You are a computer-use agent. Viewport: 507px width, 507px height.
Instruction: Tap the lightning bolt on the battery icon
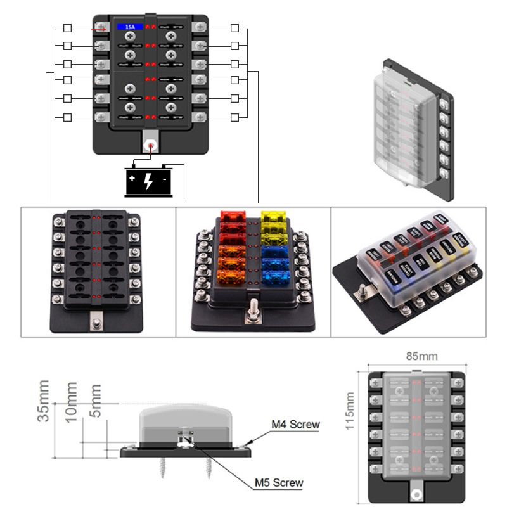pos(148,182)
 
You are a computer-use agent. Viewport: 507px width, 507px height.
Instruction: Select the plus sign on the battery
pos(132,179)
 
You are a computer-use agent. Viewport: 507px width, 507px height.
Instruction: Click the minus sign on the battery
pos(164,179)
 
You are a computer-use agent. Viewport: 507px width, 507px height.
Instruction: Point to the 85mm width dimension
pos(416,356)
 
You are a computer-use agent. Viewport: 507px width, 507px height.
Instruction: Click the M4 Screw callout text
pos(295,425)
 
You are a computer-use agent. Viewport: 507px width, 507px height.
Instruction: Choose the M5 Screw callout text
pos(279,483)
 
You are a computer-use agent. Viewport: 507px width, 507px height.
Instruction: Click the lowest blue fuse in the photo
pos(274,278)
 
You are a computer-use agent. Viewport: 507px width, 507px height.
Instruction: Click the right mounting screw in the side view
pos(209,468)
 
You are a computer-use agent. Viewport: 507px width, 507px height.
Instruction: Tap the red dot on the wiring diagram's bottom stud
pos(151,144)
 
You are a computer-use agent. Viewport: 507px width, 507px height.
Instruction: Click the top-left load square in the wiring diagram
pos(68,29)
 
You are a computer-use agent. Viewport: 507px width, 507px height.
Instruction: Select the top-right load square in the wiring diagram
pos(234,29)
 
